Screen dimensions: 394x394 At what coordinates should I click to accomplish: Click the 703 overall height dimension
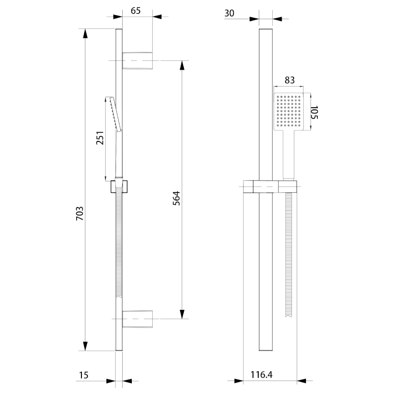(80, 214)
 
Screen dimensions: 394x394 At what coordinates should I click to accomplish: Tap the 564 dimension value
(177, 198)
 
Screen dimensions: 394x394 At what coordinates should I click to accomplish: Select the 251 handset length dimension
(100, 138)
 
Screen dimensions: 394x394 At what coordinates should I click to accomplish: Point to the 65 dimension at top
(136, 11)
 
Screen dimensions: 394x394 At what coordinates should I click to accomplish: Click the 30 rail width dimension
(229, 13)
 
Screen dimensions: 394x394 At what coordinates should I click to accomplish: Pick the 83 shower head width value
(289, 80)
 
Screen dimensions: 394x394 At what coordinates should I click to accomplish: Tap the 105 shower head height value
(314, 113)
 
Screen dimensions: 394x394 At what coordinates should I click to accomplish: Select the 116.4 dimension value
(262, 375)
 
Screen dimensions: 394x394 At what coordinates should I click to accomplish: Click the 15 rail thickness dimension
(84, 375)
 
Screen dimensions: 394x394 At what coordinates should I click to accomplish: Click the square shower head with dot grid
(288, 112)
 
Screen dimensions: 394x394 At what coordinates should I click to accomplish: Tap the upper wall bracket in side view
(137, 60)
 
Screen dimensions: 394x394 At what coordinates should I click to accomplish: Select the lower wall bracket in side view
(137, 319)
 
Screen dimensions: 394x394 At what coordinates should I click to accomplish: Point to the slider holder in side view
(119, 186)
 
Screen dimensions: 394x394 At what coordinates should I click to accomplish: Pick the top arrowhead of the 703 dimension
(85, 33)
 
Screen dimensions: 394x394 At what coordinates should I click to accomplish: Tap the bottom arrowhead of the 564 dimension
(182, 314)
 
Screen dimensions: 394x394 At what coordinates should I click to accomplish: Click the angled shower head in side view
(113, 114)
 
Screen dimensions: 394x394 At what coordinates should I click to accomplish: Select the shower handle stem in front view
(288, 155)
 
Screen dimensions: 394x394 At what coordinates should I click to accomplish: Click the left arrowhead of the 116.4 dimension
(239, 381)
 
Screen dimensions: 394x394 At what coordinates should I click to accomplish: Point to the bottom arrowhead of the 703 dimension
(85, 346)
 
